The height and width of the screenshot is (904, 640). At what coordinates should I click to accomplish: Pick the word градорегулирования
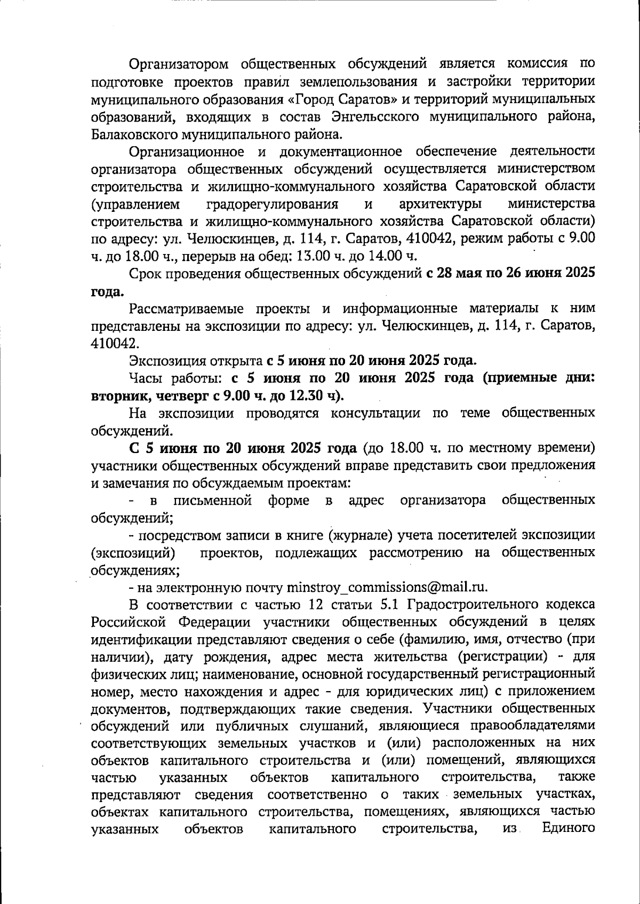click(271, 204)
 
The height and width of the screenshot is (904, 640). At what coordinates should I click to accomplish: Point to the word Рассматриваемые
click(186, 308)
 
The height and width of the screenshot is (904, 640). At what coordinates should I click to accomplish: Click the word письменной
click(212, 500)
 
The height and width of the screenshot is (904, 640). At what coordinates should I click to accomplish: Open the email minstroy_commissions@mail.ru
click(387, 588)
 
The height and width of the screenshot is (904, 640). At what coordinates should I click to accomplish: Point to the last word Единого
click(568, 829)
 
